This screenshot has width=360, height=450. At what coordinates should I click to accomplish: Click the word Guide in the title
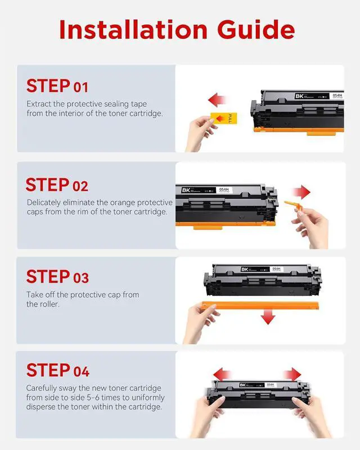click(256, 30)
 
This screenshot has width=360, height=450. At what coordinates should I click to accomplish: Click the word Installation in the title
click(133, 30)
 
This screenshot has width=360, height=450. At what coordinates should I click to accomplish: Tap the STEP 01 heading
click(57, 86)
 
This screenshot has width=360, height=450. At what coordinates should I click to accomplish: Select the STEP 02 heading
click(57, 184)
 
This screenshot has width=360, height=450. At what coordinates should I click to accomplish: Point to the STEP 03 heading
click(57, 276)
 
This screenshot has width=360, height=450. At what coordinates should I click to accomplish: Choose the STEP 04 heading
click(58, 370)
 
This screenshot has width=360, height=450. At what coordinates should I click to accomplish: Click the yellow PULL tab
click(224, 118)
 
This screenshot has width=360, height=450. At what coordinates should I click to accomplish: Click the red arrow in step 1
click(217, 100)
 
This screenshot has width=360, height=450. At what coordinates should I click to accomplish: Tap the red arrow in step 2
click(301, 192)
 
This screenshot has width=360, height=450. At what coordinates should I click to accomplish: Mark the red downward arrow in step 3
click(268, 317)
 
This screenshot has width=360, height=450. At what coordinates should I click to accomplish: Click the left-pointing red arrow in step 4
click(222, 375)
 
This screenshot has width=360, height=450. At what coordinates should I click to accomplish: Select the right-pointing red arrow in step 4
click(292, 375)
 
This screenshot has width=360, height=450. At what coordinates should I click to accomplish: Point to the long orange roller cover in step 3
click(260, 305)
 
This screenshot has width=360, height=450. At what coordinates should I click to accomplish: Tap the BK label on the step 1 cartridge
click(299, 96)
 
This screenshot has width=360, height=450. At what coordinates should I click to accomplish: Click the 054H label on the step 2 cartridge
click(224, 190)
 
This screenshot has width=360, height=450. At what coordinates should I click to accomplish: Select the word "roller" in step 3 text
click(49, 304)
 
